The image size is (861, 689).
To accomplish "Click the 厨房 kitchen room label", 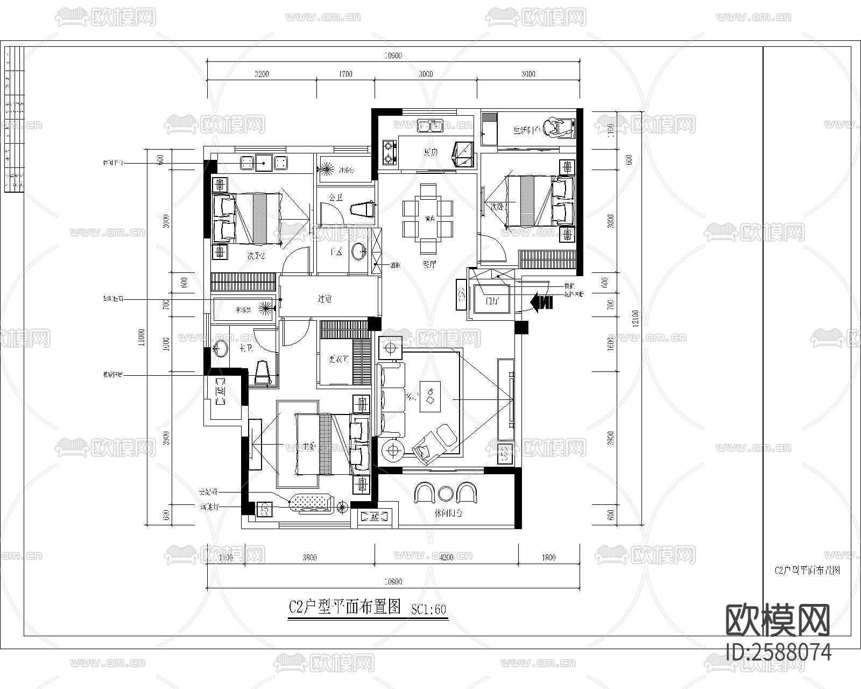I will pyautogui.click(x=430, y=152).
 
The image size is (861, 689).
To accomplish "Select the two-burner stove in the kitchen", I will pyautogui.click(x=389, y=152).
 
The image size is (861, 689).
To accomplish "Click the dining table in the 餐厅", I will pyautogui.click(x=429, y=219).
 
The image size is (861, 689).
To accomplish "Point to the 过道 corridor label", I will pyautogui.click(x=324, y=298).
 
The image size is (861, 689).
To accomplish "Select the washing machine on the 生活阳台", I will pyautogui.click(x=557, y=128).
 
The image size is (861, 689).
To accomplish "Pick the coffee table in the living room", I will pyautogui.click(x=430, y=397).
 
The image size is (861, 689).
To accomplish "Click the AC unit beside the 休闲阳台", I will pyautogui.click(x=375, y=517).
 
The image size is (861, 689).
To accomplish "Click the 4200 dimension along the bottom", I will pyautogui.click(x=446, y=558).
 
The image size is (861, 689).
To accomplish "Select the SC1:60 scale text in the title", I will pyautogui.click(x=429, y=609).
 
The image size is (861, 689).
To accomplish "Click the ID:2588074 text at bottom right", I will pyautogui.click(x=778, y=652).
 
